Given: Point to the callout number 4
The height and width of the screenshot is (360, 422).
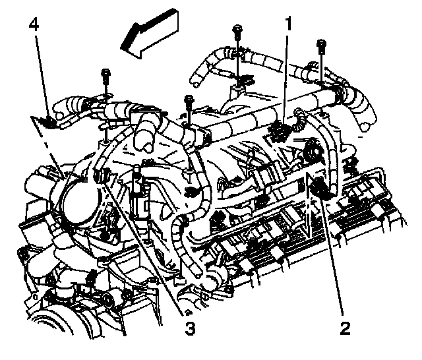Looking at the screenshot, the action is pyautogui.click(x=34, y=26).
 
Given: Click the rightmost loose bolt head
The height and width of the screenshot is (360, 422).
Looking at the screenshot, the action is pyautogui.click(x=321, y=44).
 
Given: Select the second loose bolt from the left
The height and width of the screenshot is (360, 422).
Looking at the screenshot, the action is pyautogui.click(x=189, y=100).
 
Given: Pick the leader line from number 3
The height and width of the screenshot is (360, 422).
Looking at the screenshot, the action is pyautogui.click(x=145, y=251).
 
